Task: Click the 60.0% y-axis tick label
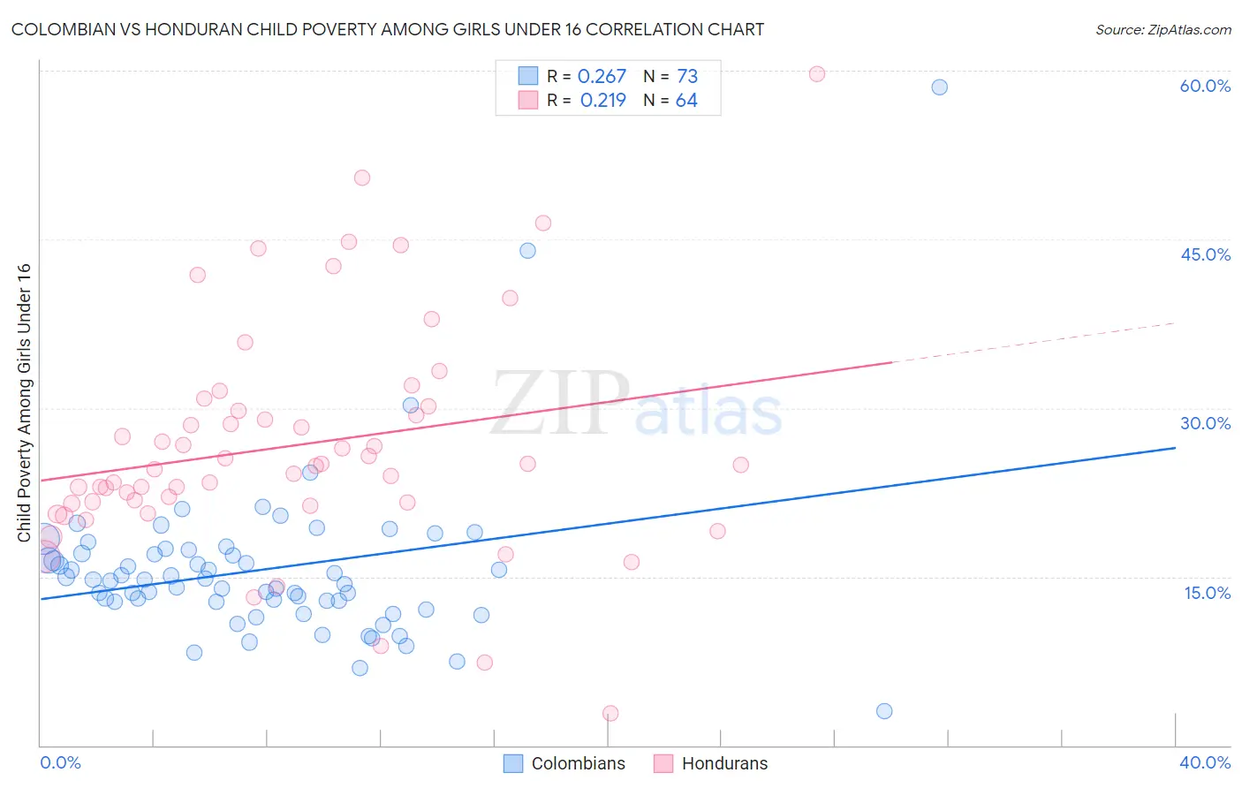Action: [x=1205, y=86]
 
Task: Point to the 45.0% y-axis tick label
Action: [x=1205, y=254]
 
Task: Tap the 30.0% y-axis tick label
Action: [x=1205, y=423]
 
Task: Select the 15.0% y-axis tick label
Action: [x=1207, y=592]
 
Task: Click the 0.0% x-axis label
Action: [x=60, y=762]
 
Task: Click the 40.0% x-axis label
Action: [x=1204, y=762]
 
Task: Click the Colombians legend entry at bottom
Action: [x=564, y=763]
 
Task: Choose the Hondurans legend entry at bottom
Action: [x=711, y=763]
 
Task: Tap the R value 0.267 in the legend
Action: [x=602, y=76]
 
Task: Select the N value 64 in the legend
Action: [x=686, y=100]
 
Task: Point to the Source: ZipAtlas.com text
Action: [x=1162, y=29]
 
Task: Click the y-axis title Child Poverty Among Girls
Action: [x=24, y=403]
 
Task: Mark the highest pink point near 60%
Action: [x=817, y=74]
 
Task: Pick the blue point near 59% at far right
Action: [x=939, y=87]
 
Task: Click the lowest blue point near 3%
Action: [x=884, y=711]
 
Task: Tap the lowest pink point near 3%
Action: [x=610, y=713]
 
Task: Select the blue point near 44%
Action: [x=527, y=250]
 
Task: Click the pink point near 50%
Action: [x=361, y=178]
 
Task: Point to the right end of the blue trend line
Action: [x=1175, y=448]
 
